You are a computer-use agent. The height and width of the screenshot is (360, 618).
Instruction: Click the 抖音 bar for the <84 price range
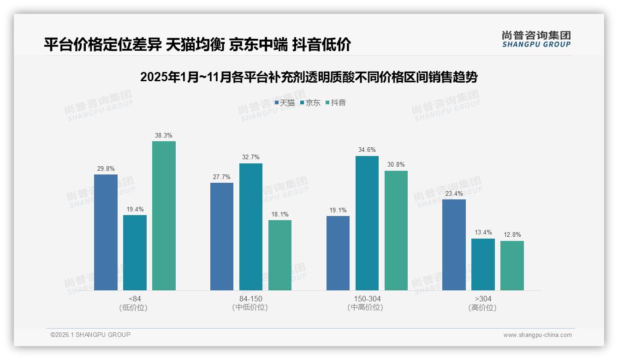(164, 216)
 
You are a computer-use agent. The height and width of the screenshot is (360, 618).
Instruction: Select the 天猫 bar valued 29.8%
(106, 232)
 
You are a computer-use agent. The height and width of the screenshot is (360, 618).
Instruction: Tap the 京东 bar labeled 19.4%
(135, 252)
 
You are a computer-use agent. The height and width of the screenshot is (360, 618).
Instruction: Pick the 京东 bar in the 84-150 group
(250, 227)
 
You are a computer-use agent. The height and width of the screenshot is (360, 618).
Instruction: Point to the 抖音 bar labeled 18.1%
(280, 255)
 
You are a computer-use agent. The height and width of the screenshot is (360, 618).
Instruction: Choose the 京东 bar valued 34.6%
(367, 223)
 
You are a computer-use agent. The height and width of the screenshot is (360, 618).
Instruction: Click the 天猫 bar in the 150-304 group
(338, 253)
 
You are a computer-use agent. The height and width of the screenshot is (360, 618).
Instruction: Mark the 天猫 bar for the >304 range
(454, 245)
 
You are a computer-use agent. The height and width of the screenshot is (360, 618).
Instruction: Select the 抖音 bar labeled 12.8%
(512, 265)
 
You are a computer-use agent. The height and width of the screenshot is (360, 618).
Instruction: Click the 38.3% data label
(164, 136)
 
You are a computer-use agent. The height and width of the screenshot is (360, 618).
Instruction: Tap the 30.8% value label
(396, 165)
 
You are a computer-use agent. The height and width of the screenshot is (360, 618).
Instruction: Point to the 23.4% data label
(454, 194)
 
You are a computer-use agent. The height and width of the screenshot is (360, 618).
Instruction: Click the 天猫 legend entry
(285, 103)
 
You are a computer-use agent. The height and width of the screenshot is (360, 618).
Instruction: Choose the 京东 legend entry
(310, 103)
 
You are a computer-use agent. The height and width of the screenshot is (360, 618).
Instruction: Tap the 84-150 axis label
(250, 299)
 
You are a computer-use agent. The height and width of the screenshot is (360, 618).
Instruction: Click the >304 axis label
(482, 299)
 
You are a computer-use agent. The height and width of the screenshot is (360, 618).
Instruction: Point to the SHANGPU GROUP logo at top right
(536, 39)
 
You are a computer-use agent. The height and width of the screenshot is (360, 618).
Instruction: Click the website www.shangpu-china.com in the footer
(537, 335)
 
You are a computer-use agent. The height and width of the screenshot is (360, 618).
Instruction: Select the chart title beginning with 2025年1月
(309, 77)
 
